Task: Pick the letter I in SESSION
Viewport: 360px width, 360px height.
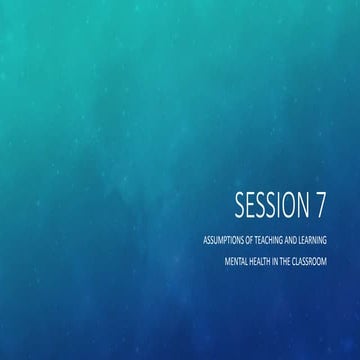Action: tap(279, 205)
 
